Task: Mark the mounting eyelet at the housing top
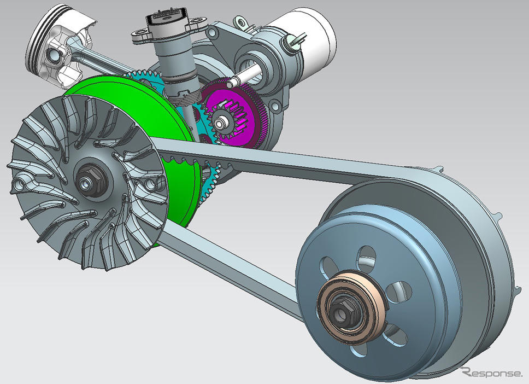point(238,22)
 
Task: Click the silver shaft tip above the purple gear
point(229,83)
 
